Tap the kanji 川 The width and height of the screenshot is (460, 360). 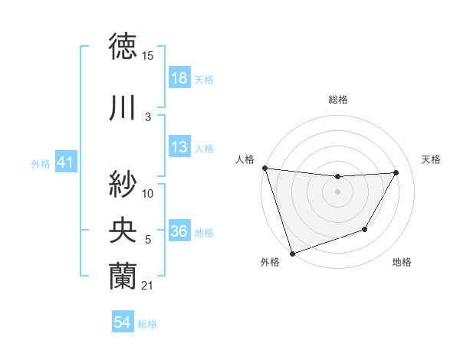point(123,108)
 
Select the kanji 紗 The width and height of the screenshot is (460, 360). point(123,184)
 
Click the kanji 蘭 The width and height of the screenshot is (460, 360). point(123,276)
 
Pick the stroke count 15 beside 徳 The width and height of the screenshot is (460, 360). point(148,56)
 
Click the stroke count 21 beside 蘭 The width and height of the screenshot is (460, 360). point(148,286)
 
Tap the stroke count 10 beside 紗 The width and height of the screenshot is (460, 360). point(148,193)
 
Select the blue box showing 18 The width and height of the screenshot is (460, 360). point(179,79)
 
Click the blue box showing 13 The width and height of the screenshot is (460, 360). point(179,148)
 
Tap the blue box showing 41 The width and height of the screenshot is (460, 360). point(65,163)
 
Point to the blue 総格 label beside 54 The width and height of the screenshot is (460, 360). point(147,324)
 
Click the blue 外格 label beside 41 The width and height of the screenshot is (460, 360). point(41,164)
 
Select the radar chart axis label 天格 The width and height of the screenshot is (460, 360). point(432,159)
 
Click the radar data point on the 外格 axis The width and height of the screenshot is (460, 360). point(291,254)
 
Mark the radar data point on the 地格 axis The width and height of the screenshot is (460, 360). point(365,229)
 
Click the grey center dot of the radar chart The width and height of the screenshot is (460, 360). point(337,191)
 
